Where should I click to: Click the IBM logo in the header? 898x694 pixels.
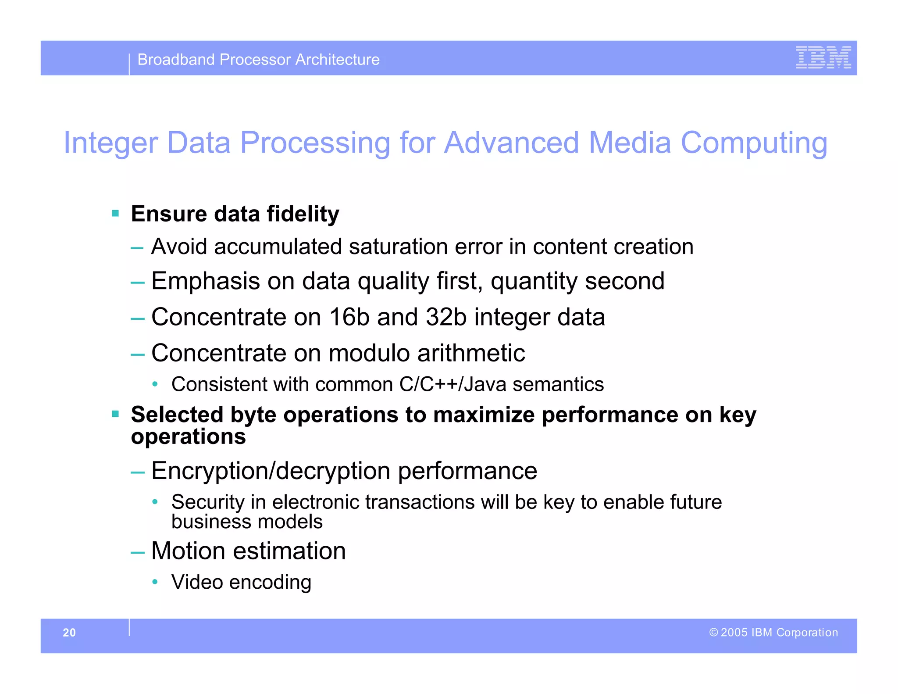coord(823,57)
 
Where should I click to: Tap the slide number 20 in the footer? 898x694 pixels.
coord(69,632)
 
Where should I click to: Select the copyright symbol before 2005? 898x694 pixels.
coord(713,632)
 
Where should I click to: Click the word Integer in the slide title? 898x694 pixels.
coord(110,143)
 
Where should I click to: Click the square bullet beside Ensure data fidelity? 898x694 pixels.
coord(116,214)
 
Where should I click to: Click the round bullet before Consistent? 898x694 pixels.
coord(155,384)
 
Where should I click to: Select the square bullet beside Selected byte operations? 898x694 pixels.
coord(116,414)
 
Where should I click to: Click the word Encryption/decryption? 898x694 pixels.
coord(271,471)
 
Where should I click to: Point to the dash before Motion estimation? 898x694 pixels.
coord(137,552)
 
